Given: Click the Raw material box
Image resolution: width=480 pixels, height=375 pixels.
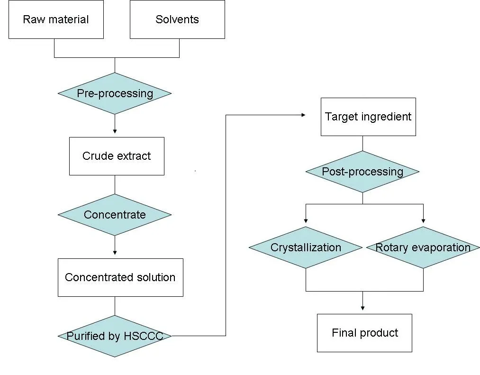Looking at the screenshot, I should tap(56, 19).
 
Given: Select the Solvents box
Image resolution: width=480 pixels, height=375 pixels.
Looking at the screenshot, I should tap(177, 19).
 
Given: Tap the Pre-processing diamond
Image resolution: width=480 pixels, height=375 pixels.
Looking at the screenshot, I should tap(115, 93).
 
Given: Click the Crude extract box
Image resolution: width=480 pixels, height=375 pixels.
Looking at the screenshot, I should tap(117, 156).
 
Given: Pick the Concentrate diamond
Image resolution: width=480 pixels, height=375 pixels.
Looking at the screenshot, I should tap(115, 215).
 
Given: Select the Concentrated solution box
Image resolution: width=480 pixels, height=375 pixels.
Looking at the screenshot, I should tap(120, 277).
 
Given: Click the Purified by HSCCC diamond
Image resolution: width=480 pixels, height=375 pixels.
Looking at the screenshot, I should tap(115, 336).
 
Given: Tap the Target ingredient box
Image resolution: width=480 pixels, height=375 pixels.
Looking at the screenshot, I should tap(368, 117).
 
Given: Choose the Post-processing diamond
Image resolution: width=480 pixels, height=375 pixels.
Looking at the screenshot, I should tap(362, 172).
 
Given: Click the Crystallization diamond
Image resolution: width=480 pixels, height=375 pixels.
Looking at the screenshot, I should tap(306, 247).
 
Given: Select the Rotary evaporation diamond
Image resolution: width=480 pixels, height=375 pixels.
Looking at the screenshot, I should tap(423, 247).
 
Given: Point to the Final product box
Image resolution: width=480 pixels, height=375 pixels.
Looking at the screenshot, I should tap(364, 333).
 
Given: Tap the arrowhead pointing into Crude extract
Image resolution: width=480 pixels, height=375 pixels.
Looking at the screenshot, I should tap(115, 131).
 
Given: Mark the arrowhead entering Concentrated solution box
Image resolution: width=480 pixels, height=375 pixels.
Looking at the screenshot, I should tap(115, 253).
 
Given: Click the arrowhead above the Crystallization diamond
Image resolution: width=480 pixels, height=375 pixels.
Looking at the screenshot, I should tap(306, 220).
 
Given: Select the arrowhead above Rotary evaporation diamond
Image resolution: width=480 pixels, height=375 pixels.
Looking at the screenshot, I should tap(423, 220).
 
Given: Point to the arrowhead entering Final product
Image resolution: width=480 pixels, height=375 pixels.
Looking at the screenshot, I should tap(362, 308).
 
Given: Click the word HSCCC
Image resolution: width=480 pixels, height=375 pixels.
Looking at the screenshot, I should tap(143, 336).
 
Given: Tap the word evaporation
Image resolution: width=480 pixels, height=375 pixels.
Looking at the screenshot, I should tap(443, 247).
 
